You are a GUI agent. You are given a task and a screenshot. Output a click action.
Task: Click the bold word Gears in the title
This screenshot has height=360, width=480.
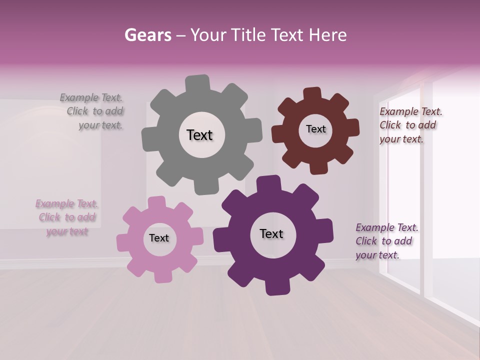[148, 35]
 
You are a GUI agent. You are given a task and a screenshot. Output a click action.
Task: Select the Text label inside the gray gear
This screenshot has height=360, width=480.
[199, 135]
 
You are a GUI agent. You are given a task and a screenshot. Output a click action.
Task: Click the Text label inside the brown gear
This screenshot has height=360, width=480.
[315, 129]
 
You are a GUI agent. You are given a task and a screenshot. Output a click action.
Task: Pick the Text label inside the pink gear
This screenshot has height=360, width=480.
[159, 238]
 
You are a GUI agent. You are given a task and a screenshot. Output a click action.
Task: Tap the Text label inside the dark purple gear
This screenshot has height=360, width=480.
[271, 233]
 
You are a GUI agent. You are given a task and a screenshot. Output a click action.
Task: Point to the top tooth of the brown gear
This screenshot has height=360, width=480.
[312, 94]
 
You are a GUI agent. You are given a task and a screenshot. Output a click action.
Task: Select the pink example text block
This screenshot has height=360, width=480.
[67, 217]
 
